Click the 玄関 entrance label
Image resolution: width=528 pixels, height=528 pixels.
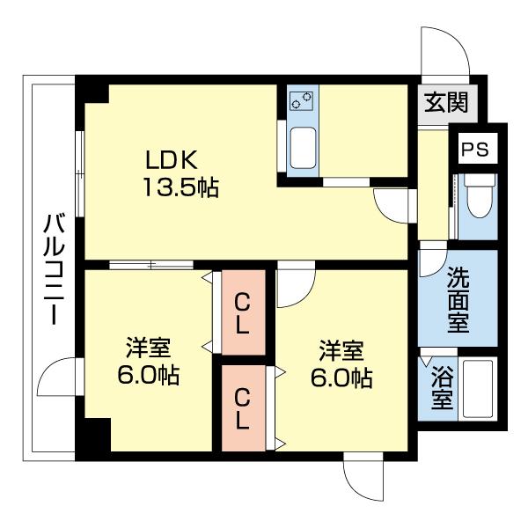(449, 102)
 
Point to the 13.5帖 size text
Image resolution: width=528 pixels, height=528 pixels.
(181, 187)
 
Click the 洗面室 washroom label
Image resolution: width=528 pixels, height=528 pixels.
(458, 301)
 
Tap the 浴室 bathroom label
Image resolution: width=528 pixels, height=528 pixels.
(443, 388)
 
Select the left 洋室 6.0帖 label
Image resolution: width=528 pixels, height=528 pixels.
(148, 361)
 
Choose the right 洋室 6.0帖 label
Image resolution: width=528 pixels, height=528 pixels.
(341, 363)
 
